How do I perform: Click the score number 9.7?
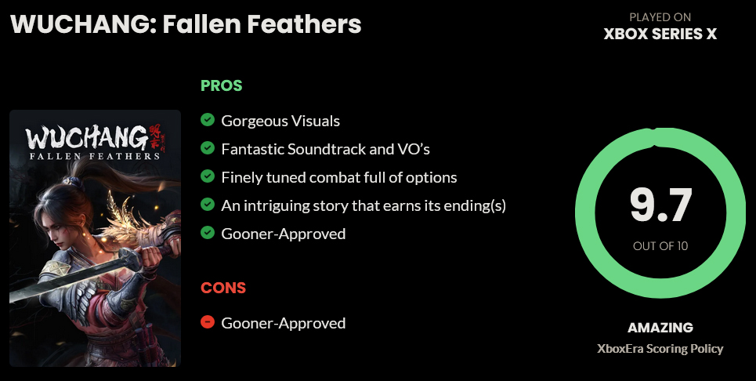(x=660, y=205)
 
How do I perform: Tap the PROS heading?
(x=221, y=85)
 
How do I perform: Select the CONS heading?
(x=223, y=288)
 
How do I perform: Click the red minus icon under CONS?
(x=208, y=321)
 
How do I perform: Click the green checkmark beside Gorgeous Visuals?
(x=208, y=119)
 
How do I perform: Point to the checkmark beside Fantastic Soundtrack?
(x=208, y=147)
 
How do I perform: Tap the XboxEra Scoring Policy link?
(x=660, y=349)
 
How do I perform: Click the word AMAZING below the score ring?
(x=660, y=328)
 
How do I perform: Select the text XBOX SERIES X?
(x=660, y=34)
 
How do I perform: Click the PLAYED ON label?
(x=660, y=17)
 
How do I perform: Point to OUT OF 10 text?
(x=660, y=246)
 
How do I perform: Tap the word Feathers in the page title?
(x=304, y=24)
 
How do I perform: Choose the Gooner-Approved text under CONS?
(x=284, y=323)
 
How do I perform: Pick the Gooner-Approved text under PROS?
(x=284, y=234)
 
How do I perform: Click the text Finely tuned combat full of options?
(x=339, y=177)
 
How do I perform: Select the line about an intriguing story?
(x=364, y=205)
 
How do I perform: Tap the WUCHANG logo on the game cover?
(x=87, y=138)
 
